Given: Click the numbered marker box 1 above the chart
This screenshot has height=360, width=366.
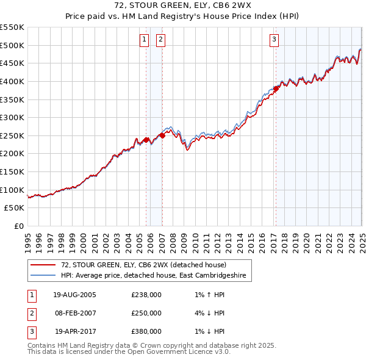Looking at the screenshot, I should tap(145, 40).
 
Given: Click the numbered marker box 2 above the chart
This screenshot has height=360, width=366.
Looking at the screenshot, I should tap(160, 40).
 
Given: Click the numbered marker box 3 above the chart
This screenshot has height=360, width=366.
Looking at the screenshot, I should tap(274, 40).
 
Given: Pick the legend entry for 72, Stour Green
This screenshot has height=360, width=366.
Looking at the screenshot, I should tap(143, 265).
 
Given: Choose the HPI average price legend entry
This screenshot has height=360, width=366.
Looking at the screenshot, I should tap(153, 276).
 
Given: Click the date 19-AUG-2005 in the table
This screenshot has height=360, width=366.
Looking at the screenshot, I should tap(74, 295).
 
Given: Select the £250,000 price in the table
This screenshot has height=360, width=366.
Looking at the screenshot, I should tap(146, 313).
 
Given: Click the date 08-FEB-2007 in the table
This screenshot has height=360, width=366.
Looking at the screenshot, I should tap(74, 313).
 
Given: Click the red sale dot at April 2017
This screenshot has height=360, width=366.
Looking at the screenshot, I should tap(276, 88).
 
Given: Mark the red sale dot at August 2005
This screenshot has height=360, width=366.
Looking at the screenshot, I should tap(146, 140).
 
